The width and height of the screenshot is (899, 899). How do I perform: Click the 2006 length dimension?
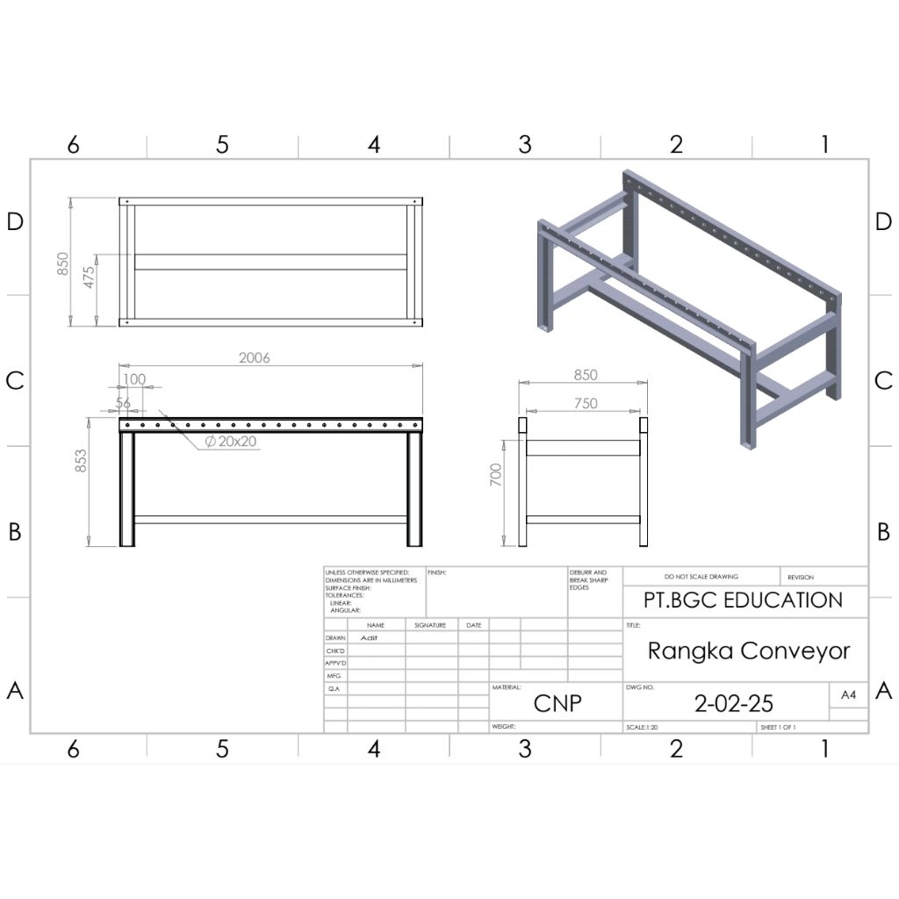tap(255, 357)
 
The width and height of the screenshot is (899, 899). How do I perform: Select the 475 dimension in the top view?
tap(89, 277)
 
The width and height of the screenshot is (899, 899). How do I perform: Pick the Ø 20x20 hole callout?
tap(231, 442)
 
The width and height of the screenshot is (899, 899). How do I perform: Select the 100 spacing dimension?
tap(134, 379)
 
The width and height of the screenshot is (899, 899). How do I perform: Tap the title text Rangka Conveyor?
tap(749, 651)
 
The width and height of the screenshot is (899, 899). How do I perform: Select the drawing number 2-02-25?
tap(734, 703)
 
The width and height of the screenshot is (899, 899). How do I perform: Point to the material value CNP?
tap(557, 703)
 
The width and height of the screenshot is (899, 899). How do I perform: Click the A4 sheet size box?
tap(848, 694)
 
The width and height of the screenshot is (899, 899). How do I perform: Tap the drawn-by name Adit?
tap(369, 638)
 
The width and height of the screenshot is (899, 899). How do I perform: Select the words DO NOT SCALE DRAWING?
tap(701, 577)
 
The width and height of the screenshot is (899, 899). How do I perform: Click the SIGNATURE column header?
tap(431, 625)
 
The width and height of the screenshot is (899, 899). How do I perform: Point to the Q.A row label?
tap(334, 689)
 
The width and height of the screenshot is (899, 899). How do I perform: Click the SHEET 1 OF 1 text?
tap(779, 728)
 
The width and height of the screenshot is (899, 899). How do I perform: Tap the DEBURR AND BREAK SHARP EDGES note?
tap(588, 579)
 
